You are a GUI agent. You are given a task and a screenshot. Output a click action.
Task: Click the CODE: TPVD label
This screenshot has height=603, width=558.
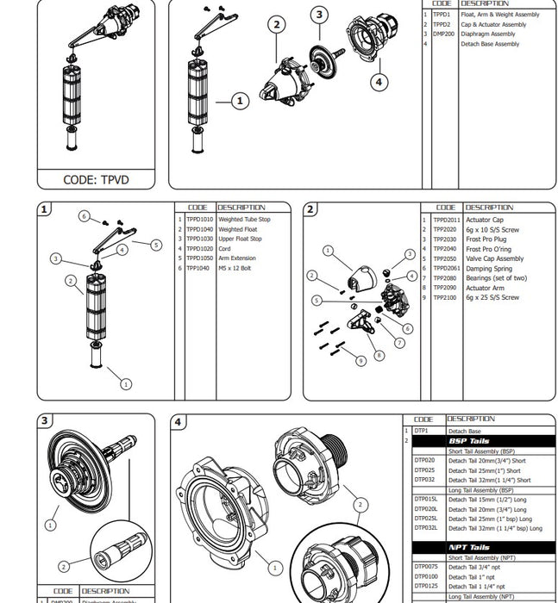pyautogui.click(x=96, y=180)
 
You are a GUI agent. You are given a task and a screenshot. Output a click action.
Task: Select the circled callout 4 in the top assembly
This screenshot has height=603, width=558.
pyautogui.click(x=379, y=82)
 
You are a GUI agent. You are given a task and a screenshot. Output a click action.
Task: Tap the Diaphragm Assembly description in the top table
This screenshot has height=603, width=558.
pyautogui.click(x=487, y=34)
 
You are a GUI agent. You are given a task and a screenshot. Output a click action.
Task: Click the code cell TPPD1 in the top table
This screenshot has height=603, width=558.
pyautogui.click(x=442, y=15)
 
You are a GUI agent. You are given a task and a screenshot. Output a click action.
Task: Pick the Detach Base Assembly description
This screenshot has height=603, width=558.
pyautogui.click(x=490, y=44)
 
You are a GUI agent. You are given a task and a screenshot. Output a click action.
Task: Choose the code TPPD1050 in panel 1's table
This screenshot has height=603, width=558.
pyautogui.click(x=199, y=258)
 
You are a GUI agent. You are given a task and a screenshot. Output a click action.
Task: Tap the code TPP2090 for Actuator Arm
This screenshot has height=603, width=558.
pyautogui.click(x=444, y=288)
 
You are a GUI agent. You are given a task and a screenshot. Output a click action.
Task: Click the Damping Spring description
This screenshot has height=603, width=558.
pyautogui.click(x=490, y=268)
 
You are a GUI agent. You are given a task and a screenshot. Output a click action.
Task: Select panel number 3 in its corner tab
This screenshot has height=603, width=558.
pyautogui.click(x=44, y=422)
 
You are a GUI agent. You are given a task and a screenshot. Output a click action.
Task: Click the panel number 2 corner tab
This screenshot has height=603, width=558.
pyautogui.click(x=310, y=209)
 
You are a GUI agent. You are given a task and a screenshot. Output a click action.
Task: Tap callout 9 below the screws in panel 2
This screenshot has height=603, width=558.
pyautogui.click(x=361, y=361)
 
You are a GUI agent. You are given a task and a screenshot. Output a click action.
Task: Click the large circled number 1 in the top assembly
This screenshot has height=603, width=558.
pyautogui.click(x=239, y=102)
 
